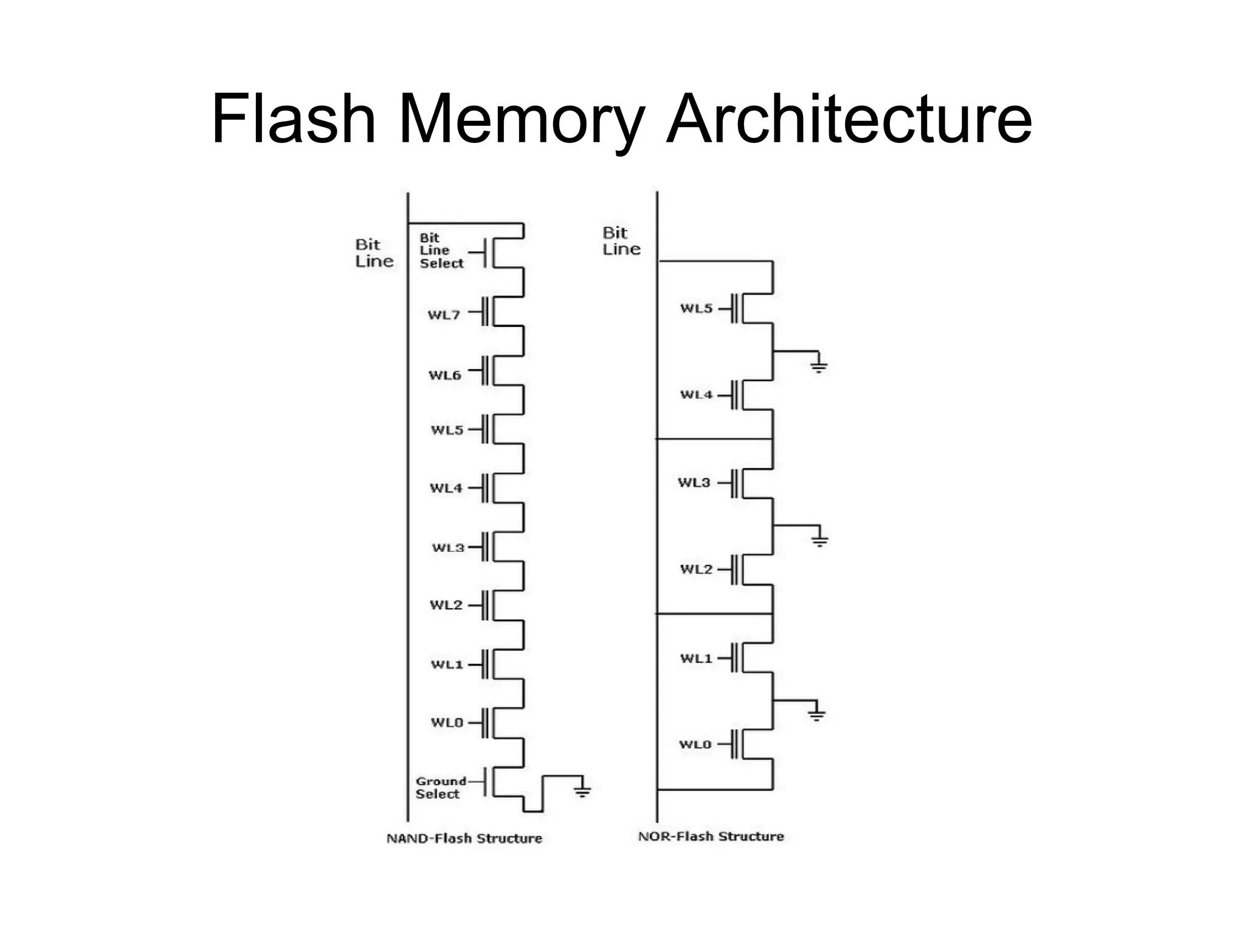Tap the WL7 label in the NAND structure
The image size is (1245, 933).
(x=444, y=315)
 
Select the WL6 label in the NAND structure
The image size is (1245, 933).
(x=444, y=375)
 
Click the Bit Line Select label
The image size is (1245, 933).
(x=441, y=250)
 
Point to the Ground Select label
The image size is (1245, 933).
(x=440, y=788)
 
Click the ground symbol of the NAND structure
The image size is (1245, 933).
(x=582, y=790)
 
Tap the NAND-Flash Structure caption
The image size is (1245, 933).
(x=464, y=838)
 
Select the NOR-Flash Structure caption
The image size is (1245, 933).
(x=711, y=836)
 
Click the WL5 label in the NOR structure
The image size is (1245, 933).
(x=696, y=308)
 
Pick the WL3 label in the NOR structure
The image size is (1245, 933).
(x=694, y=483)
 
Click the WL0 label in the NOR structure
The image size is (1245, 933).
(x=695, y=745)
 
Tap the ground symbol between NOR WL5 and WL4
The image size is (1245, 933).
(x=819, y=365)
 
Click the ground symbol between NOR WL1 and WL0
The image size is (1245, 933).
(x=816, y=714)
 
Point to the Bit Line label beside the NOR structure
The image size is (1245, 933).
(x=621, y=241)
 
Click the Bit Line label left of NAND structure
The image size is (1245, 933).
(x=374, y=253)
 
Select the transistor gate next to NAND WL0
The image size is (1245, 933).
(x=486, y=723)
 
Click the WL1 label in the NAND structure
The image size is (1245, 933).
(x=447, y=664)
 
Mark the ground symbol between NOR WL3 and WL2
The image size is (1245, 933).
(x=819, y=540)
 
